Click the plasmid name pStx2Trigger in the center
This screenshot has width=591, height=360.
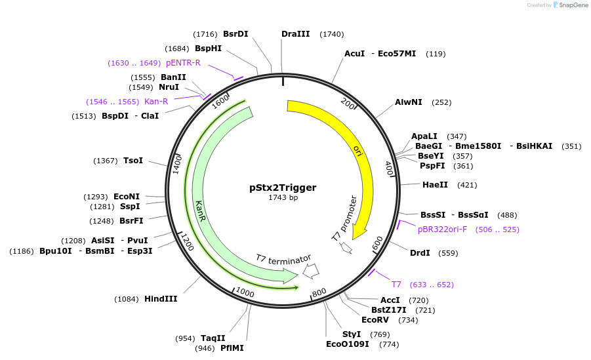tap(283, 188)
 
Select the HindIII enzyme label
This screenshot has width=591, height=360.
tap(161, 299)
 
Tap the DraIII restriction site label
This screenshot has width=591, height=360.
tap(295, 34)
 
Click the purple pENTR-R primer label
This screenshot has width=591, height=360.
tap(183, 63)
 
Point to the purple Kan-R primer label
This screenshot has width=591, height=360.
tap(156, 102)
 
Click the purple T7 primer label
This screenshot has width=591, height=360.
tap(396, 285)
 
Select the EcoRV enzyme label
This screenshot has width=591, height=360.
tap(375, 320)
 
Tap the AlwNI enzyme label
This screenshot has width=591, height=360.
tap(410, 102)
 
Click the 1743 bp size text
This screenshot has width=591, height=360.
tap(283, 198)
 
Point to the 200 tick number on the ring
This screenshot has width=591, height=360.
tap(348, 105)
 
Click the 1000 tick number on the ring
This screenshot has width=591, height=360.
tap(245, 292)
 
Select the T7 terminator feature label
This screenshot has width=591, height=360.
tap(283, 259)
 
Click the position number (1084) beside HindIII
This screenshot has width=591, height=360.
tap(127, 299)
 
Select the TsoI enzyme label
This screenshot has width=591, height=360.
tap(133, 161)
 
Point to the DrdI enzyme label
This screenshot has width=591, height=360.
tap(420, 253)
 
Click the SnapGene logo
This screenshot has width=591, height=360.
tap(569, 5)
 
